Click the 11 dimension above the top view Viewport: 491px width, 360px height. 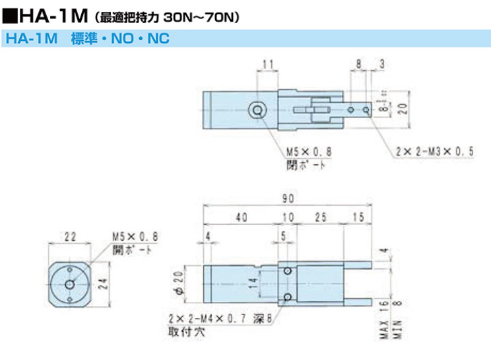(x=267, y=64)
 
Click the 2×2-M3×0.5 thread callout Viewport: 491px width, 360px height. (x=436, y=152)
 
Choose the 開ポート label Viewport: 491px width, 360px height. (x=132, y=250)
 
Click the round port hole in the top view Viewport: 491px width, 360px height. (x=257, y=110)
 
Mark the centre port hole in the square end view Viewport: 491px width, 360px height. (x=70, y=284)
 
